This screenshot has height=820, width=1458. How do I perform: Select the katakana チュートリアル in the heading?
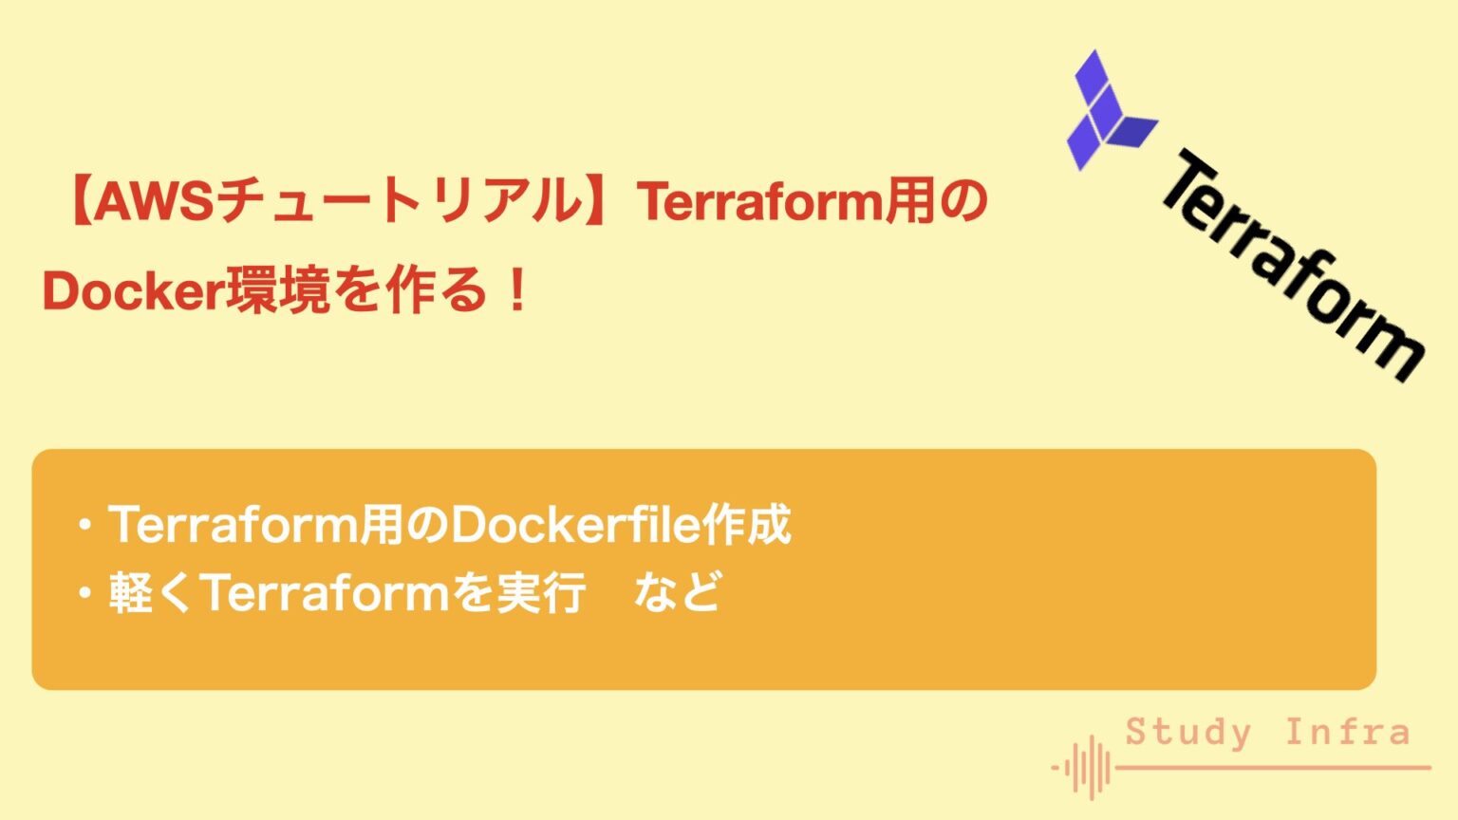point(399,202)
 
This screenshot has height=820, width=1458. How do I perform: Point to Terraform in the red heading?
point(759,202)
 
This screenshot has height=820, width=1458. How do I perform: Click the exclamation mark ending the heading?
point(517,291)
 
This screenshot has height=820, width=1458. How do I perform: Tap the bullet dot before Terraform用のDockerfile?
point(86,526)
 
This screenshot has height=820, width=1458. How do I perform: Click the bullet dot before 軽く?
point(86,594)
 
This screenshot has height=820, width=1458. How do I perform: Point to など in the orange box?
point(677,593)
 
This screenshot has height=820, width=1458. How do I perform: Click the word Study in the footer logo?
point(1188,733)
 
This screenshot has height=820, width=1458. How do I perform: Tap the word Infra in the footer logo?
point(1348,733)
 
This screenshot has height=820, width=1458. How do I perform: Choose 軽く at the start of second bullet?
point(150,593)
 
